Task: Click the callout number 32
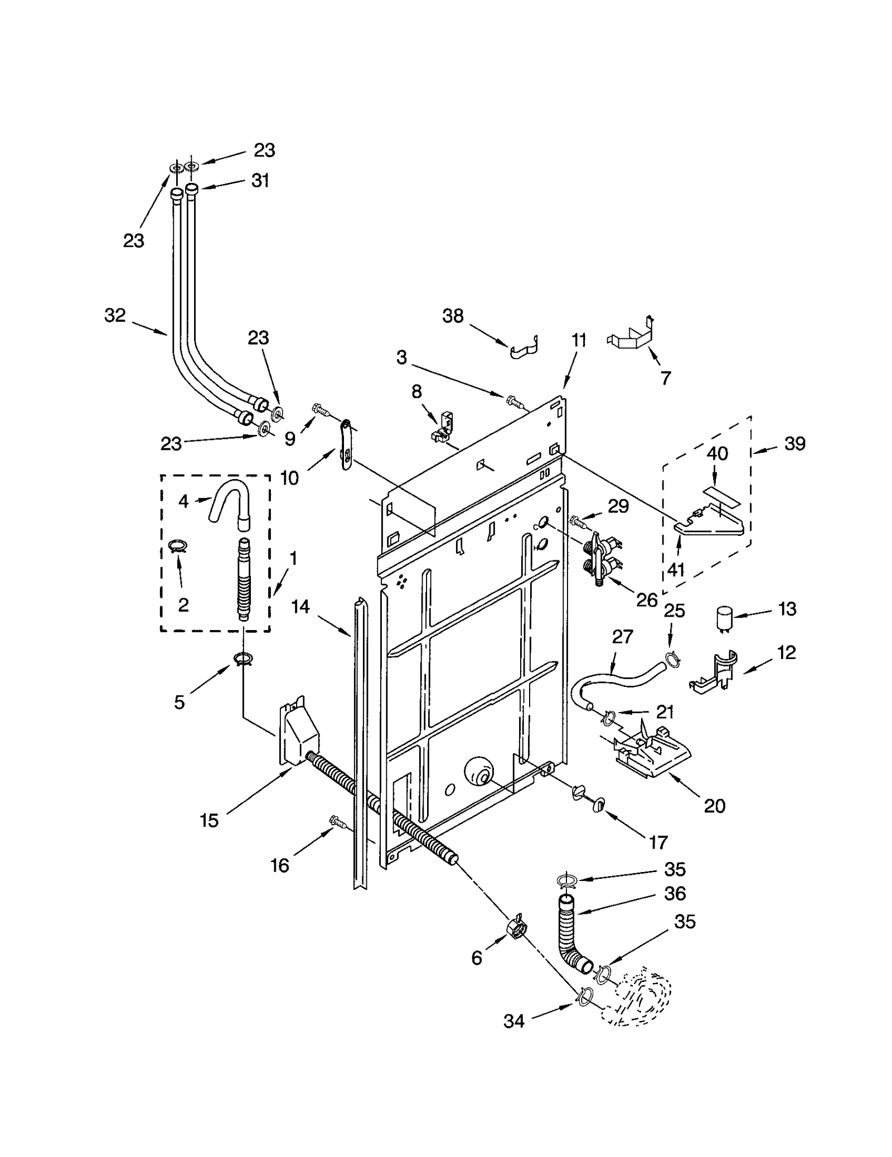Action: point(115,316)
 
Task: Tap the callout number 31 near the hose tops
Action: point(260,181)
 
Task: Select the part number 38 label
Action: point(453,316)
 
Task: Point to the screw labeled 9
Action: point(320,410)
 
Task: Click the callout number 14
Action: point(300,607)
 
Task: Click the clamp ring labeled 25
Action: point(673,659)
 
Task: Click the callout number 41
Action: point(676,569)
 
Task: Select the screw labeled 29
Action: point(578,521)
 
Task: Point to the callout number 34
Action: point(513,1021)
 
